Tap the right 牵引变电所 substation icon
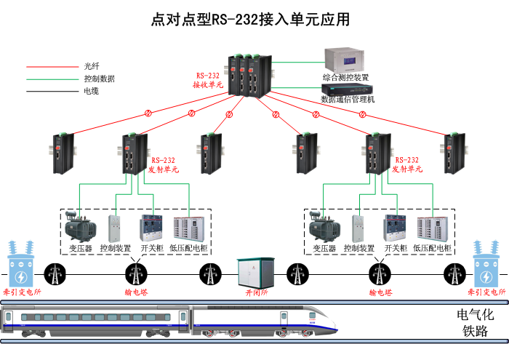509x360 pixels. [x=487, y=266]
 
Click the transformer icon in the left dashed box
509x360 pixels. [x=79, y=228]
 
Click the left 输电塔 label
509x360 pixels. [x=135, y=292]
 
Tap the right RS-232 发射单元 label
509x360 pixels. [x=407, y=164]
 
